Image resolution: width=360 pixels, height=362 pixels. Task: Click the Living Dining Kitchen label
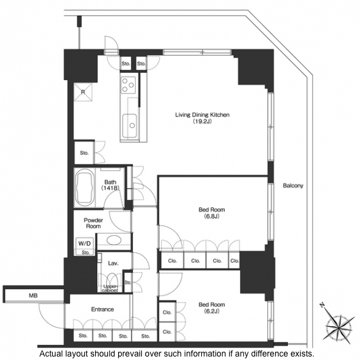point(202,118)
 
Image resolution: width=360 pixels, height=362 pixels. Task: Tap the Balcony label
point(293,186)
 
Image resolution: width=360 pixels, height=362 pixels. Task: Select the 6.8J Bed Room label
point(212,213)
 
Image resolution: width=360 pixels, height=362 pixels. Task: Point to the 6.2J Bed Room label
point(212,308)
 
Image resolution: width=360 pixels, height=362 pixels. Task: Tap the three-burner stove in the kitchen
point(128,85)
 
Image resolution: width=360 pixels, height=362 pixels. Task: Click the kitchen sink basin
point(130,125)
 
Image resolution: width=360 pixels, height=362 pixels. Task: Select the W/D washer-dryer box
point(85,244)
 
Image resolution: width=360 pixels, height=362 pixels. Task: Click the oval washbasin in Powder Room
point(114,240)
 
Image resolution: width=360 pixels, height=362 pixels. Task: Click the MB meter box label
point(33,295)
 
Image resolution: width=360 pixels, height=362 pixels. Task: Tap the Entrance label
point(102,309)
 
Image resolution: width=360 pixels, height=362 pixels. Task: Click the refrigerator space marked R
point(83,92)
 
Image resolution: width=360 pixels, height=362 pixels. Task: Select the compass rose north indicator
point(338,325)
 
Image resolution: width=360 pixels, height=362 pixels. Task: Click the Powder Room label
point(93,223)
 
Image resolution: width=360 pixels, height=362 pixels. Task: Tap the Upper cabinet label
point(110,289)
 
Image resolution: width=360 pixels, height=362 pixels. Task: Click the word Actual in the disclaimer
point(52,354)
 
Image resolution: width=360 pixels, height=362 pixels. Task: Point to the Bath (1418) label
point(110,185)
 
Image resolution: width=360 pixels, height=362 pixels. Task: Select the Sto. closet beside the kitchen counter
point(84,153)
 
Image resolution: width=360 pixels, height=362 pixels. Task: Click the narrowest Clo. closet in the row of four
point(234,261)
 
